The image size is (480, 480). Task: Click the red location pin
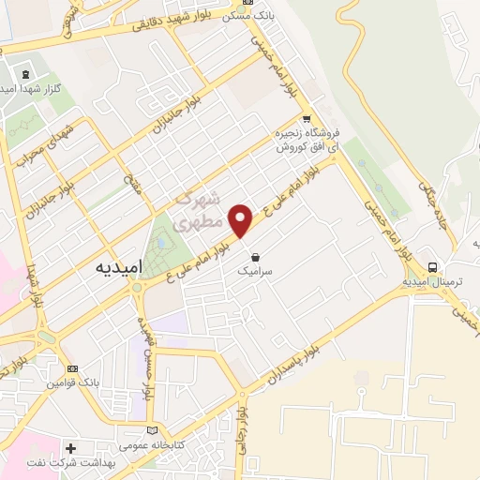point(242,219)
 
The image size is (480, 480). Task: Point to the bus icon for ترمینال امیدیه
point(432,264)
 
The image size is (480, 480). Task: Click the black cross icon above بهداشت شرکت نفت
point(71,448)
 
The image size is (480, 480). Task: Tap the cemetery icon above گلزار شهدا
point(24,75)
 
